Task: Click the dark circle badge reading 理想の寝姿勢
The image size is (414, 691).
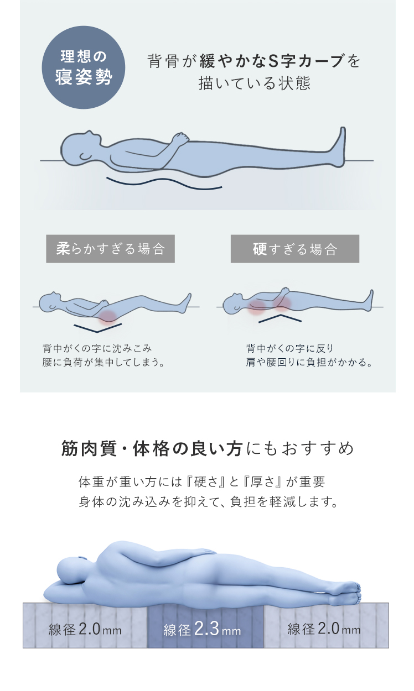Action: tap(84, 67)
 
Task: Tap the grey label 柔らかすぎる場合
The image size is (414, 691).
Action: tap(110, 249)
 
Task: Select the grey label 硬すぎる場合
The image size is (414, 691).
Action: tap(295, 249)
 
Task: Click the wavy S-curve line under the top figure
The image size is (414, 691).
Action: tap(164, 182)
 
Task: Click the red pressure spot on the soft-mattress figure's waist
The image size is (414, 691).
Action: tap(107, 317)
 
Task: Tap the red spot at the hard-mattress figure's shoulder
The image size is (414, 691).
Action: tap(257, 306)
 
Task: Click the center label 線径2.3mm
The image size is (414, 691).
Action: tap(202, 629)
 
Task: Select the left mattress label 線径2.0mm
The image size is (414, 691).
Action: tap(85, 629)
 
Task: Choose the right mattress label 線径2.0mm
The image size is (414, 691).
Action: tap(324, 629)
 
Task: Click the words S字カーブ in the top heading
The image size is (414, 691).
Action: tap(306, 60)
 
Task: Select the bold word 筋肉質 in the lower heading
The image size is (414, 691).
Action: tap(89, 448)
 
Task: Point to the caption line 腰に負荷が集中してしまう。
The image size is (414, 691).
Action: tap(104, 362)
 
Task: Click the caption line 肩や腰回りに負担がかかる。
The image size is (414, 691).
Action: tap(309, 362)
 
